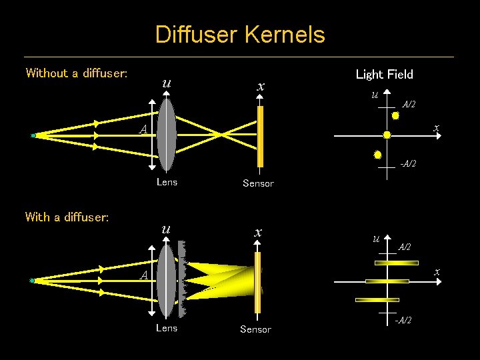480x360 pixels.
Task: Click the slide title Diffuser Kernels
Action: coord(240,34)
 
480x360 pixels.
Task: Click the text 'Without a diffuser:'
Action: coord(77,73)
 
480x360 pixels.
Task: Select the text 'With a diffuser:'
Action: coord(67,217)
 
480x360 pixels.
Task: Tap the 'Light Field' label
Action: coord(385,75)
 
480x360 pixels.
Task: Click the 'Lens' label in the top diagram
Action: coord(167,182)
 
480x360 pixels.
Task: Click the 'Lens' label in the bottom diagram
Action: coord(167,328)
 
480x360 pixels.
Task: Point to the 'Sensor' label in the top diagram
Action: coord(258,183)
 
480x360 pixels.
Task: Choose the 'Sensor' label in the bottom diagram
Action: coord(255,329)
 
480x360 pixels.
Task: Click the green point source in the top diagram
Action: coord(33,135)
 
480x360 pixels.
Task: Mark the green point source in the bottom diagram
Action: coord(32,281)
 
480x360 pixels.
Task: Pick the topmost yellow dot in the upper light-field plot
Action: coord(395,115)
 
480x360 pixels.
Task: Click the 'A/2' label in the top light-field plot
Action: coord(409,105)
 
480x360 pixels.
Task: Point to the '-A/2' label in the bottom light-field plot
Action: coord(403,320)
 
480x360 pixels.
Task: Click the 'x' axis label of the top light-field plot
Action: coord(436,127)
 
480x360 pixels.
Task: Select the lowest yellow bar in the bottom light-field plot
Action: coord(367,300)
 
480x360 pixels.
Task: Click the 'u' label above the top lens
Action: coord(166,84)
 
